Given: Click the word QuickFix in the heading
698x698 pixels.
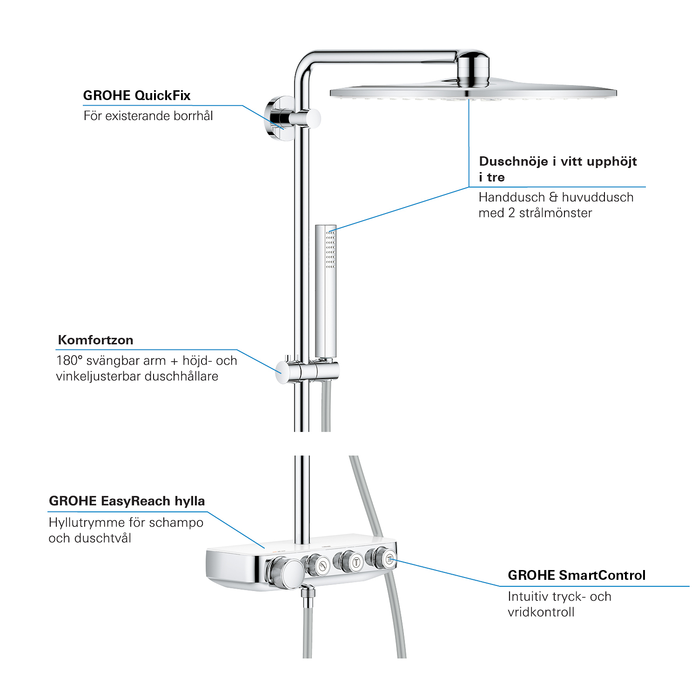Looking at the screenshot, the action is (162, 96).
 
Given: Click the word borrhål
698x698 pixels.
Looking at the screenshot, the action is (193, 115).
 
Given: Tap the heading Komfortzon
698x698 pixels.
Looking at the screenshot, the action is (95, 340).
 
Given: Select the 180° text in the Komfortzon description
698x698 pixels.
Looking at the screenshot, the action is (69, 361).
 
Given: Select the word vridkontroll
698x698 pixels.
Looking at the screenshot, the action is (541, 612).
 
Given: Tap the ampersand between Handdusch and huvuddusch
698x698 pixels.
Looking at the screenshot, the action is (553, 197).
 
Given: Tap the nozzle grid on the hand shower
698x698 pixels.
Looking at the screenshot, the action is (330, 249).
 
